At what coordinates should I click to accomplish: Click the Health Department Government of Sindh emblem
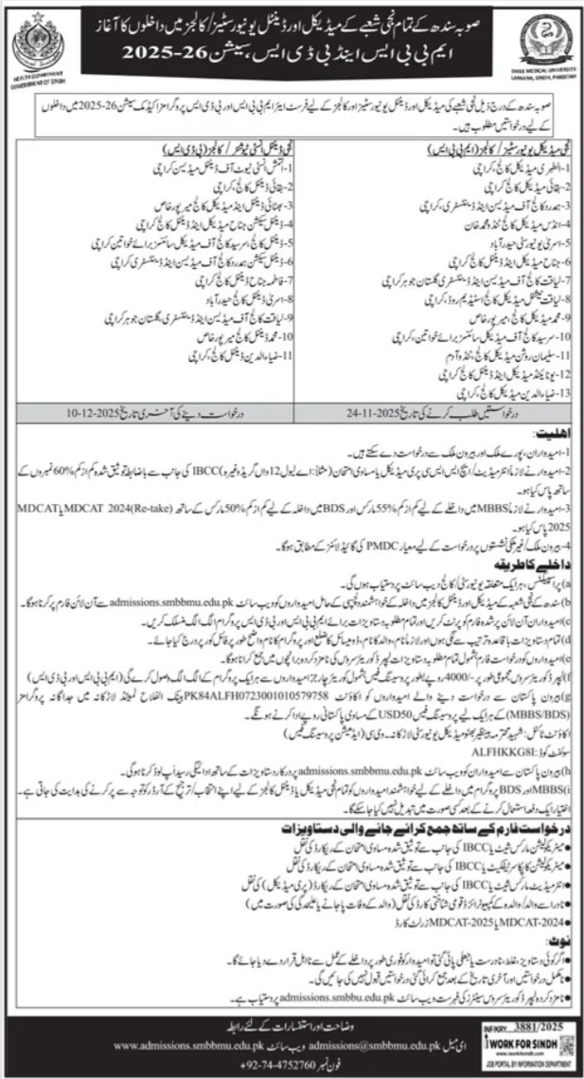tap(35, 42)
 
